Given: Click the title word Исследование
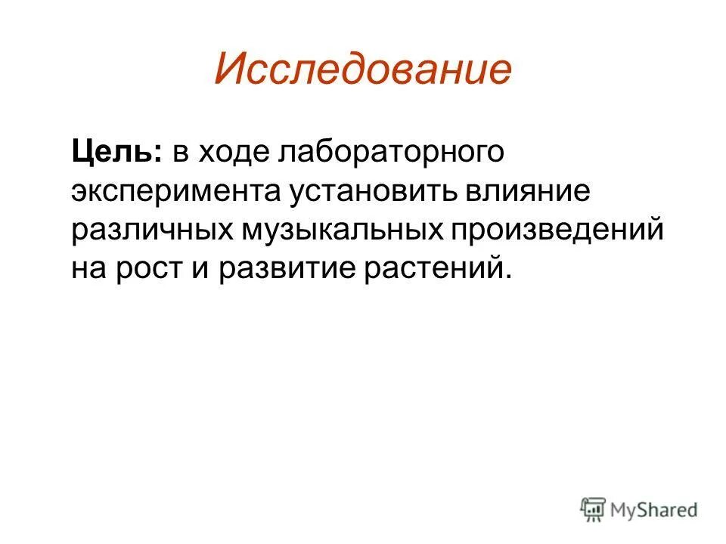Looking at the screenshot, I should pyautogui.click(x=363, y=70).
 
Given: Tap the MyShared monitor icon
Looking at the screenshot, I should pyautogui.click(x=594, y=508).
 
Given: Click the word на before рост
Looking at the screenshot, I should pyautogui.click(x=91, y=269).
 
